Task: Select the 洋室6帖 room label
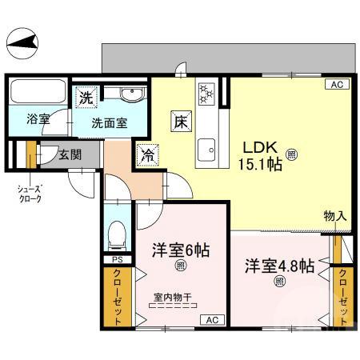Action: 181,250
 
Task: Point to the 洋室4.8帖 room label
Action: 278,265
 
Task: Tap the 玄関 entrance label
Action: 69,154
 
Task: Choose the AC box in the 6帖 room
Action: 213,320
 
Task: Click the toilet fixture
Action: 117,233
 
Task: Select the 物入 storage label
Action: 335,216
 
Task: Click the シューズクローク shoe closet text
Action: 30,194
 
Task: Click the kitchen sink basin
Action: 209,147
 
